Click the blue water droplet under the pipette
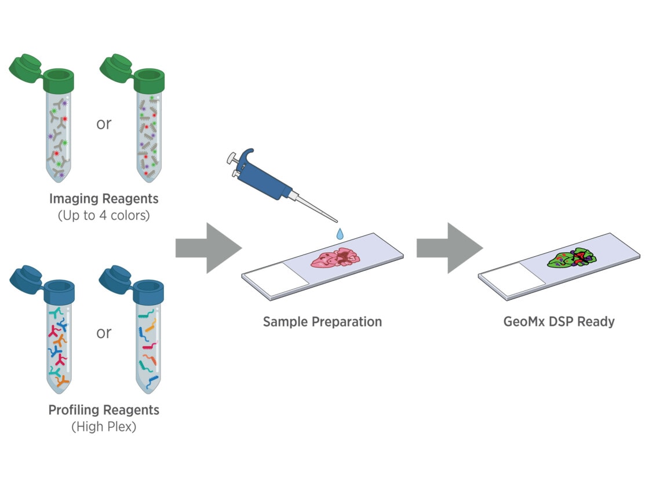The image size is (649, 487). click(x=340, y=234)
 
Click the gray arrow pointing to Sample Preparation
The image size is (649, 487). click(x=209, y=248)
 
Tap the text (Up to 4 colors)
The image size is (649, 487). click(x=104, y=216)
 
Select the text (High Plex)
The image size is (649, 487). click(x=104, y=427)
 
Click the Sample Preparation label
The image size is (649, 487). click(x=322, y=321)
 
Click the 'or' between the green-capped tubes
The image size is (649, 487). click(x=104, y=123)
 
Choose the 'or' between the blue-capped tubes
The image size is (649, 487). click(x=104, y=333)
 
